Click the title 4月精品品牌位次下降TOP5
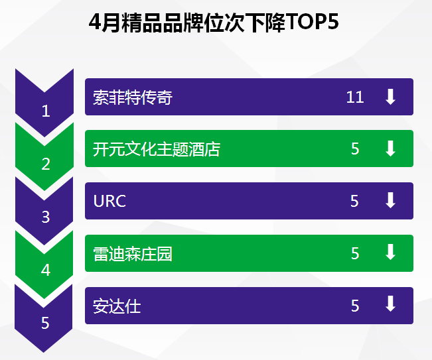(214, 22)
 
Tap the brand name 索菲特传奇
(133, 97)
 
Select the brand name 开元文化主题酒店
(157, 149)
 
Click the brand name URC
(109, 201)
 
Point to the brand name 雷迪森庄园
(133, 253)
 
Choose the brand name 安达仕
(117, 306)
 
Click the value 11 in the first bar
(355, 97)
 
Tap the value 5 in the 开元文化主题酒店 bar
(355, 149)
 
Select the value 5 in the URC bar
(354, 201)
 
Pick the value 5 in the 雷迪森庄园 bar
(355, 253)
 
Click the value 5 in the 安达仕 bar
(355, 306)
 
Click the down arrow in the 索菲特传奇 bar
(390, 97)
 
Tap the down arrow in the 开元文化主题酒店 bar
(390, 149)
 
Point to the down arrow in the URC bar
(390, 200)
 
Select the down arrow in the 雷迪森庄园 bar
(390, 252)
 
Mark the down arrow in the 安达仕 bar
(390, 304)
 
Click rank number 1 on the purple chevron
(46, 111)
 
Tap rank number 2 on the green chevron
(46, 164)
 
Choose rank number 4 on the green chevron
(46, 270)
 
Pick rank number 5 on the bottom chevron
(46, 323)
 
